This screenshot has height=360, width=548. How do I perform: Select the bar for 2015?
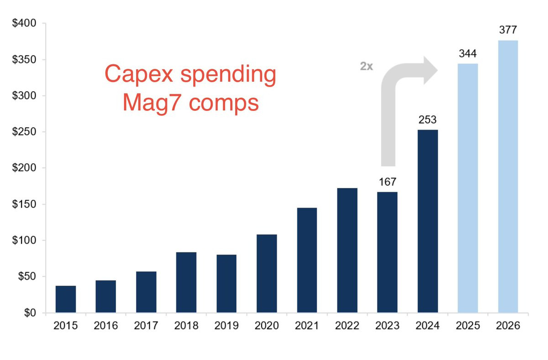click(66, 299)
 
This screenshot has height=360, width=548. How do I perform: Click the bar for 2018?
click(186, 282)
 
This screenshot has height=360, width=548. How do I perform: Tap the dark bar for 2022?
click(347, 250)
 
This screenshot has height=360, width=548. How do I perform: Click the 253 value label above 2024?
click(427, 120)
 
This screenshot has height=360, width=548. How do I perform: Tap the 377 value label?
click(508, 30)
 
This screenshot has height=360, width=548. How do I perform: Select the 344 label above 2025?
click(468, 54)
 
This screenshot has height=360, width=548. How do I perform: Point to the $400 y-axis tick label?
click(28, 23)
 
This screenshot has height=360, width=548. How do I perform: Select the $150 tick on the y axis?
click(28, 204)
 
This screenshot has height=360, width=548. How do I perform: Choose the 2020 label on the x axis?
click(267, 327)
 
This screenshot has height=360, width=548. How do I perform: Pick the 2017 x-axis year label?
click(146, 327)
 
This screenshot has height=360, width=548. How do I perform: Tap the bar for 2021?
click(307, 260)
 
